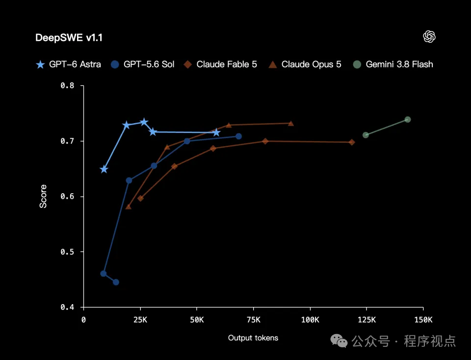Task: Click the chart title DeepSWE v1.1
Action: click(x=69, y=38)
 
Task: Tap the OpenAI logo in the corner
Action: click(x=429, y=37)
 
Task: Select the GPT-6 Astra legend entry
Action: click(x=69, y=64)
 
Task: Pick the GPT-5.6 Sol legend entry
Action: click(x=142, y=64)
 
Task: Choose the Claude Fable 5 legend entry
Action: click(x=220, y=64)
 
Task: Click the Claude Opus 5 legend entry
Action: click(x=305, y=64)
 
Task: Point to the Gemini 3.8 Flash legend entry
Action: click(x=393, y=64)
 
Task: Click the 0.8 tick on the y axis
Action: click(x=67, y=85)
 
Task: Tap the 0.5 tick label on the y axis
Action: click(x=67, y=252)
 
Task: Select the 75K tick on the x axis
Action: click(x=254, y=320)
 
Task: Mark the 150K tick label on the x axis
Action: click(x=423, y=320)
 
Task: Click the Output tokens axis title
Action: click(x=253, y=338)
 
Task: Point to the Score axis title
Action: click(x=43, y=196)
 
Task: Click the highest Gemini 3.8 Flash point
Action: click(x=408, y=120)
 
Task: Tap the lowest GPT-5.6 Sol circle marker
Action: click(x=116, y=282)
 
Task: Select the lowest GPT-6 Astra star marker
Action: click(x=104, y=169)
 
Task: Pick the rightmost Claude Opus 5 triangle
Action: click(x=291, y=124)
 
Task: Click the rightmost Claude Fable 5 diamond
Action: click(x=352, y=142)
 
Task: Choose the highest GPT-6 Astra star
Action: click(x=144, y=122)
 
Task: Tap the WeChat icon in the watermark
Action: click(x=339, y=341)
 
